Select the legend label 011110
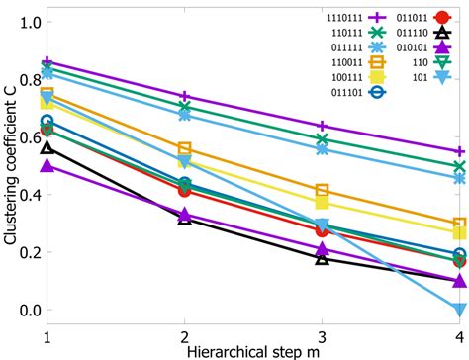pos(389,37)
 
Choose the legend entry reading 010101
pos(389,54)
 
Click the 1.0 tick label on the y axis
pos(29,21)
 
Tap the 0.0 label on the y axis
pos(29,310)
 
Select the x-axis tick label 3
pos(322,337)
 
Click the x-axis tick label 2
pos(184,337)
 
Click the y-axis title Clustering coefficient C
pos(10,164)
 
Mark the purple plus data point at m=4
pos(459,151)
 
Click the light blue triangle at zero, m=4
pos(459,310)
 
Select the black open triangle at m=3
pos(322,258)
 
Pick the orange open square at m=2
pos(184,148)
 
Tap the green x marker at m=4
pos(459,167)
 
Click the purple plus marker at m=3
pos(322,127)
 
